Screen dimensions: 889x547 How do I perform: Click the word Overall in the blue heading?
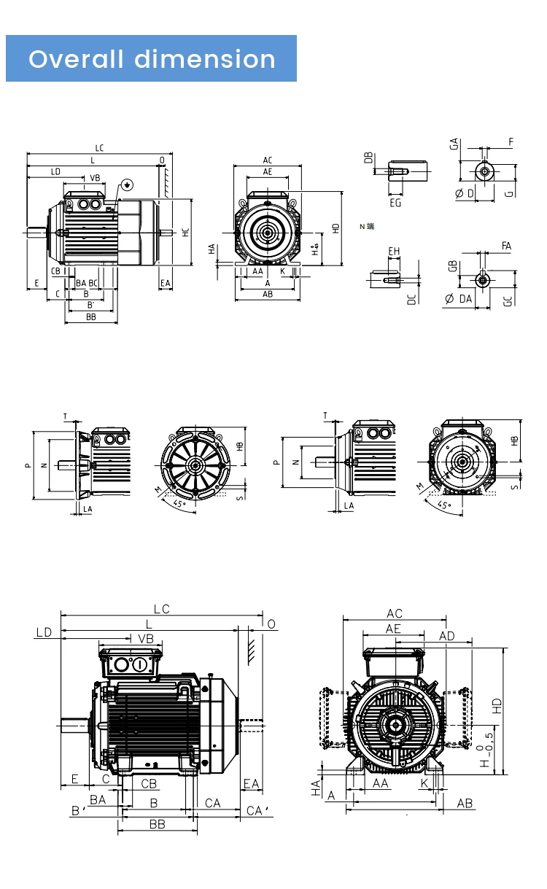pyautogui.click(x=76, y=59)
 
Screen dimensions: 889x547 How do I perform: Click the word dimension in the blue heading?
pyautogui.click(x=205, y=59)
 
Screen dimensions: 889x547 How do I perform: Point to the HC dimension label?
pyautogui.click(x=186, y=232)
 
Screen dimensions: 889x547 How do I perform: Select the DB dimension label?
pyautogui.click(x=368, y=158)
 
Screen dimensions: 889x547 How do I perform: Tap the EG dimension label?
pyautogui.click(x=395, y=203)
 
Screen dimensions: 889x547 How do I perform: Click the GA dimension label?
pyautogui.click(x=454, y=144)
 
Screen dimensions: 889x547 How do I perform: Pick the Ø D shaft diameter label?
pyautogui.click(x=464, y=193)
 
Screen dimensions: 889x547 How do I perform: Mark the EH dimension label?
pyautogui.click(x=394, y=252)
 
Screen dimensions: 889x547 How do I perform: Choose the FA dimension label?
pyautogui.click(x=506, y=246)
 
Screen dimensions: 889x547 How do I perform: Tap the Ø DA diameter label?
pyautogui.click(x=459, y=299)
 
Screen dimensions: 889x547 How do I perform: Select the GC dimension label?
pyautogui.click(x=508, y=300)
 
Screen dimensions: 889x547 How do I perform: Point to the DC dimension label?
pyautogui.click(x=411, y=298)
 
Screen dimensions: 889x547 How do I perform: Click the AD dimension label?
pyautogui.click(x=446, y=637)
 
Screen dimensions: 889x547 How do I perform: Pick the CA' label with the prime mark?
pyautogui.click(x=257, y=811)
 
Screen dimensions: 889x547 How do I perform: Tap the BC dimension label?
pyautogui.click(x=93, y=282)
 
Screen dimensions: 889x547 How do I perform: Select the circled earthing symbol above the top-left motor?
pyautogui.click(x=127, y=185)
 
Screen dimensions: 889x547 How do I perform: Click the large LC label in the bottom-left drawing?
pyautogui.click(x=161, y=609)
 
